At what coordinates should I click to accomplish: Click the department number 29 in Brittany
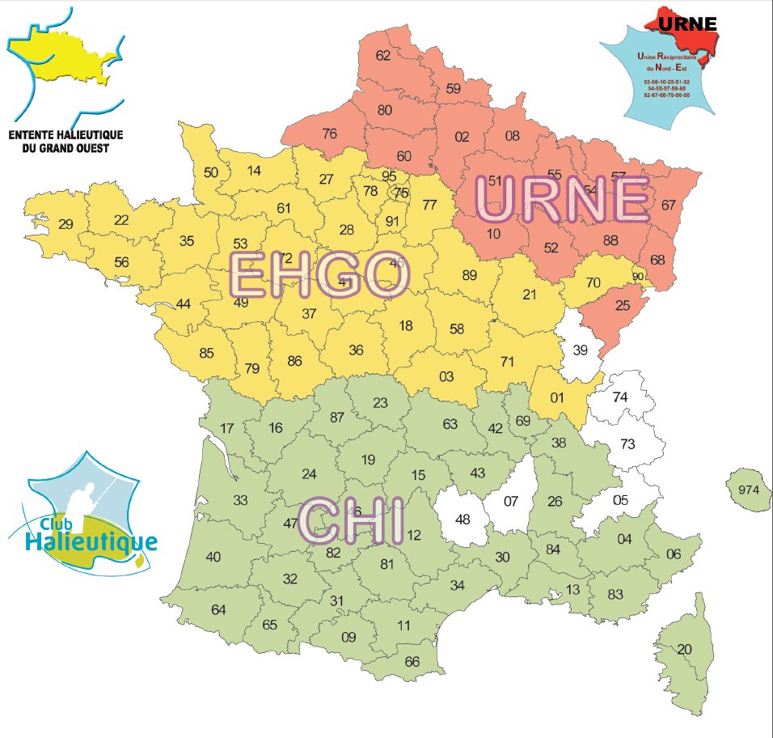tap(66, 224)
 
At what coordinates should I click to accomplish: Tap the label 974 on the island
tap(749, 490)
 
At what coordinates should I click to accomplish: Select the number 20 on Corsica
tap(685, 649)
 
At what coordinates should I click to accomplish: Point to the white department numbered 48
tap(463, 519)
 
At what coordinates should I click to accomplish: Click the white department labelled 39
tap(581, 350)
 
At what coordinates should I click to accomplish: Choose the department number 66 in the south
tap(412, 661)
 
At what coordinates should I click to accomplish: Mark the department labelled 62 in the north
tap(383, 56)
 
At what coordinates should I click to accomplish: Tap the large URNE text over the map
tap(563, 200)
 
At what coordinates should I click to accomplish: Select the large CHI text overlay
tap(352, 522)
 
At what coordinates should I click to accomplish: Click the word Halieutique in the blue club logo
tap(90, 540)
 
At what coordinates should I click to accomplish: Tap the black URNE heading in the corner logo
tap(687, 23)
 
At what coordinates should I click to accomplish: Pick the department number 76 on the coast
tap(329, 134)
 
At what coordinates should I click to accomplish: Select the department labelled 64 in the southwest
tap(218, 609)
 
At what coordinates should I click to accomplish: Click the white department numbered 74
tap(621, 397)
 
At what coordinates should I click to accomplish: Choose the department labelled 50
tap(211, 172)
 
